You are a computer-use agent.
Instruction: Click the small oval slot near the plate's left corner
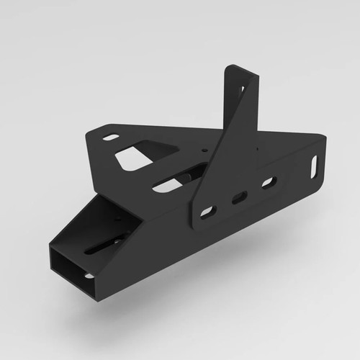click(111, 137)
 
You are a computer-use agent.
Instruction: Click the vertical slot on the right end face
click(315, 164)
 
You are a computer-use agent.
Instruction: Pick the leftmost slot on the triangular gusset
click(207, 212)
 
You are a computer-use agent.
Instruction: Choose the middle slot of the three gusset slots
click(238, 197)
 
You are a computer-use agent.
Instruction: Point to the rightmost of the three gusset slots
click(268, 183)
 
